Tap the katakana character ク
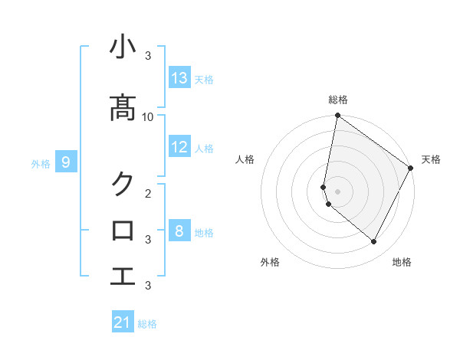pyautogui.click(x=123, y=184)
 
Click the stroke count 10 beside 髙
pyautogui.click(x=148, y=116)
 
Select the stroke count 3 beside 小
pyautogui.click(x=148, y=56)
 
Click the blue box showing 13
pyautogui.click(x=179, y=78)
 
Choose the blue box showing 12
pyautogui.click(x=179, y=147)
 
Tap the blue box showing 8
pyautogui.click(x=179, y=231)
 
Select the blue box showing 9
pyautogui.click(x=66, y=162)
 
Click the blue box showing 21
pyautogui.click(x=123, y=322)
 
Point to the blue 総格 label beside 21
pyautogui.click(x=147, y=324)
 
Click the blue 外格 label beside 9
pyautogui.click(x=40, y=163)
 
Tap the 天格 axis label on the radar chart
pyautogui.click(x=431, y=159)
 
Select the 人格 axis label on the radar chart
pyautogui.click(x=245, y=159)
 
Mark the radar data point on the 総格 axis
pyautogui.click(x=337, y=116)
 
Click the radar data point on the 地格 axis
pyautogui.click(x=374, y=242)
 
